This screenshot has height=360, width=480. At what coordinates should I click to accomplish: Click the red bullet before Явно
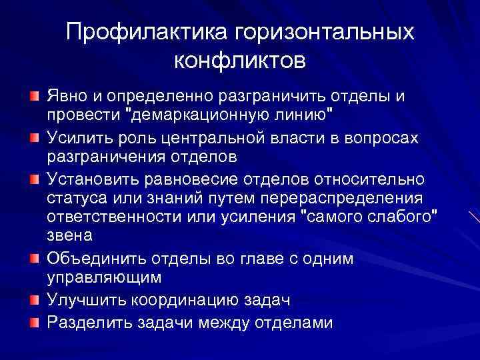click(33, 97)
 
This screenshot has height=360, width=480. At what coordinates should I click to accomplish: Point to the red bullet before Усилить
click(33, 137)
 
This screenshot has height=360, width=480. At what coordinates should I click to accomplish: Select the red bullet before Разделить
click(33, 323)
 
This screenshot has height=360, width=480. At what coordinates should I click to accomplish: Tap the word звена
click(70, 237)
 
